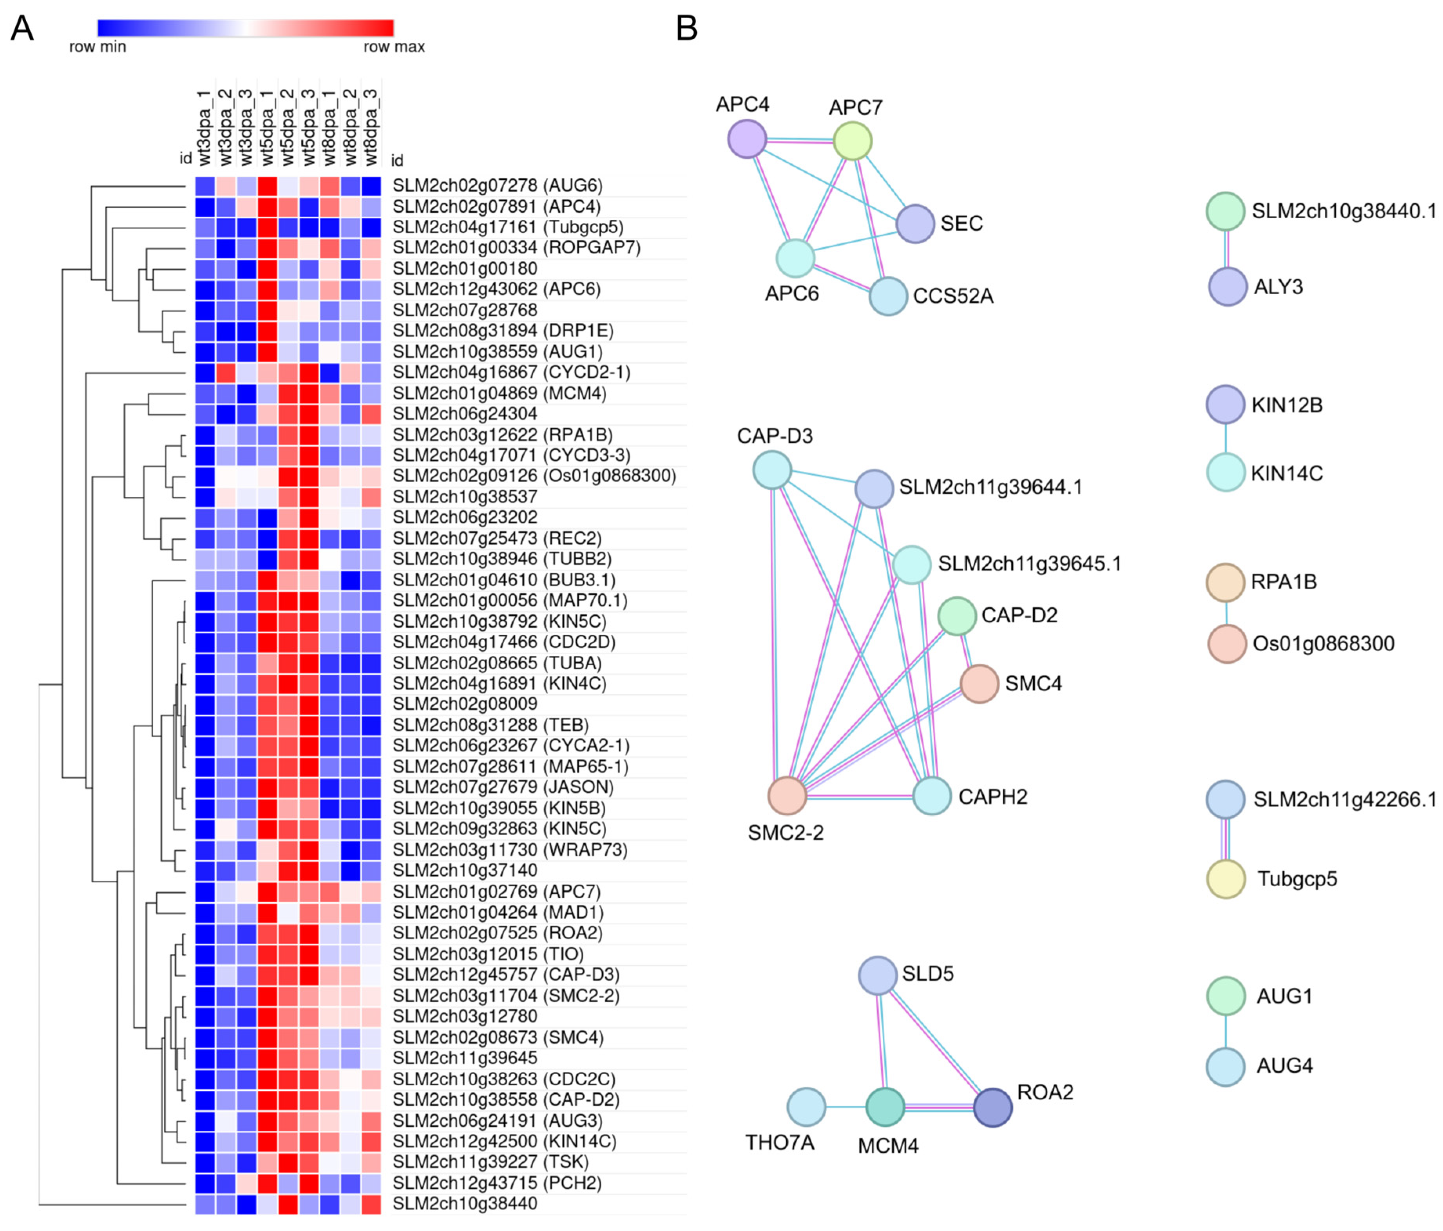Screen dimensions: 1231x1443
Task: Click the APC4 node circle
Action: [746, 139]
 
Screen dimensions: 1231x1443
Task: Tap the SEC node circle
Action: [915, 223]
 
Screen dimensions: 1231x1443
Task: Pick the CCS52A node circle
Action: [888, 296]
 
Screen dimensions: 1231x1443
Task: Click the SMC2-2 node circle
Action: [787, 795]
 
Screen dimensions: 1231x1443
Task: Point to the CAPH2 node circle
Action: [931, 795]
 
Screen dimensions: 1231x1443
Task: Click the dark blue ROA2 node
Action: [992, 1107]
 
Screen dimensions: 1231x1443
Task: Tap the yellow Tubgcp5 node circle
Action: [1225, 879]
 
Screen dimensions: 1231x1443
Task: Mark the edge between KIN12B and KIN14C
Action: [1226, 439]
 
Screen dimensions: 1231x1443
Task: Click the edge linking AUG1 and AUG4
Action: [1226, 1031]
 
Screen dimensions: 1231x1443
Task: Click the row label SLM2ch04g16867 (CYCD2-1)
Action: [511, 373]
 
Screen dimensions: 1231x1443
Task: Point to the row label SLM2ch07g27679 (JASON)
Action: [503, 787]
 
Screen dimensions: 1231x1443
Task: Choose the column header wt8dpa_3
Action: [371, 127]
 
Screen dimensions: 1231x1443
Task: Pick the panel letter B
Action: [687, 29]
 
